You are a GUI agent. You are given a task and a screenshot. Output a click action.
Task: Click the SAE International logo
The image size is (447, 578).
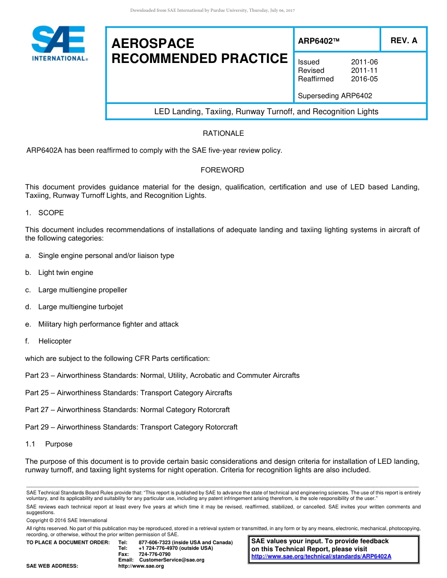click(x=59, y=44)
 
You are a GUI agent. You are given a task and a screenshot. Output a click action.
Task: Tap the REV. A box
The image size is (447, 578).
click(x=404, y=40)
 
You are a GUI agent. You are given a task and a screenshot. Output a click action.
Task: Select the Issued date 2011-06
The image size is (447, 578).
click(x=364, y=62)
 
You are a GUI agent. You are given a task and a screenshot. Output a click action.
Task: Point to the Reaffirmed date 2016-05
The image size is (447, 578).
click(x=364, y=79)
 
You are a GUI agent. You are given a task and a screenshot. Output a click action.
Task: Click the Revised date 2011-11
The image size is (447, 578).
click(x=364, y=70)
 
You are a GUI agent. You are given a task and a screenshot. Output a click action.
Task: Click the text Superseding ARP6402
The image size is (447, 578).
click(x=335, y=96)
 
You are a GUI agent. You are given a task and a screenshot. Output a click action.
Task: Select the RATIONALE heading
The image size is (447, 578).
click(x=223, y=133)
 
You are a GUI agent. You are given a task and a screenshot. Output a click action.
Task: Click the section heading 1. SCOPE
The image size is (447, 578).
click(x=45, y=213)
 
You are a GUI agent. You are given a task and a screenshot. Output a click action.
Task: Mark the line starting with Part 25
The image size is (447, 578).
click(x=128, y=393)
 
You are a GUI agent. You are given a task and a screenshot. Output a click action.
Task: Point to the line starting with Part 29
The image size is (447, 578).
click(x=131, y=427)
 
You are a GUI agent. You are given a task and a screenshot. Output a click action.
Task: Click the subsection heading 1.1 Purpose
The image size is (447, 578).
click(x=49, y=444)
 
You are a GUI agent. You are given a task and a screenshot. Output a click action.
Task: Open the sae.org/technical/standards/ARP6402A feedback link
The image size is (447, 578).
click(x=321, y=556)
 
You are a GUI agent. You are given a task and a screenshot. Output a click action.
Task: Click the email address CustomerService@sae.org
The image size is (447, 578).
click(x=171, y=560)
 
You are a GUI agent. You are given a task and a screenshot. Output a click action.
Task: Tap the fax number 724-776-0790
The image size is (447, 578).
click(x=154, y=555)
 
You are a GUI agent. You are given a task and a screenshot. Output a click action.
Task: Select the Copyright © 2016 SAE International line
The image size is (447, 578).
click(x=67, y=521)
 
